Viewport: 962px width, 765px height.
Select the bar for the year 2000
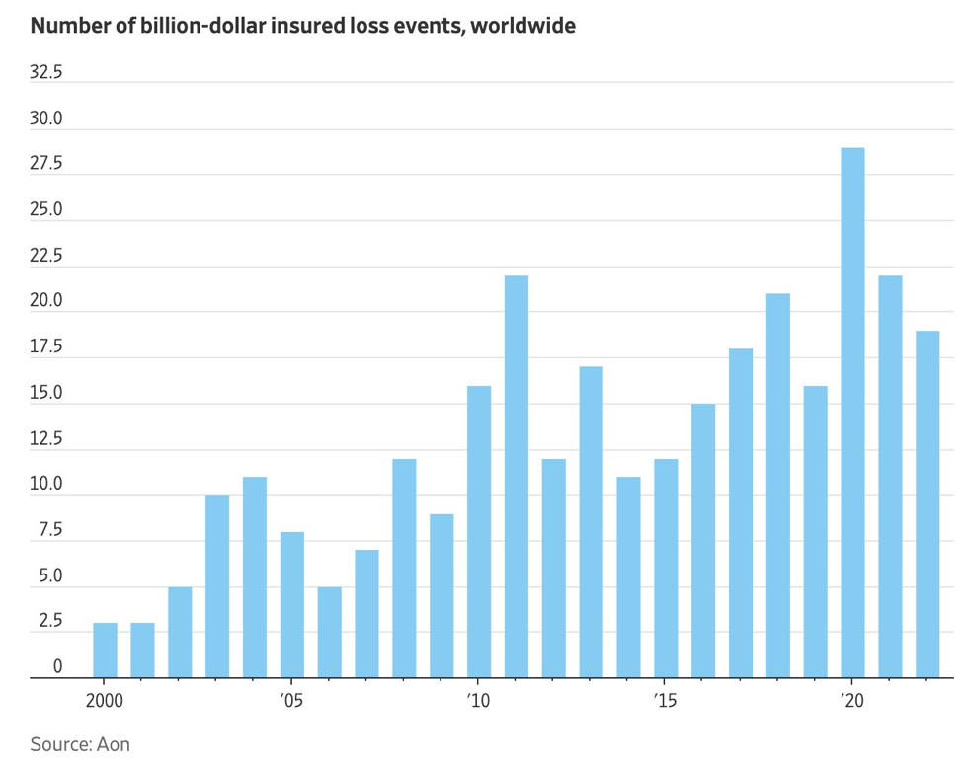(105, 650)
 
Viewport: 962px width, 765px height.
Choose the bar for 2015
(666, 569)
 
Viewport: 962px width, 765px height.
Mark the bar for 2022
(927, 504)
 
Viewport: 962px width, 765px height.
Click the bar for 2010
(479, 532)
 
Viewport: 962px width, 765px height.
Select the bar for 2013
(591, 522)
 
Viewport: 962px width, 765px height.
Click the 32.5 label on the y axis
(45, 72)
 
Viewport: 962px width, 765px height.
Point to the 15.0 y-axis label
(45, 393)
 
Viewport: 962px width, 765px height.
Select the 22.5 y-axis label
(45, 256)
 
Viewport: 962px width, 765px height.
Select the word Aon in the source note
(114, 743)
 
